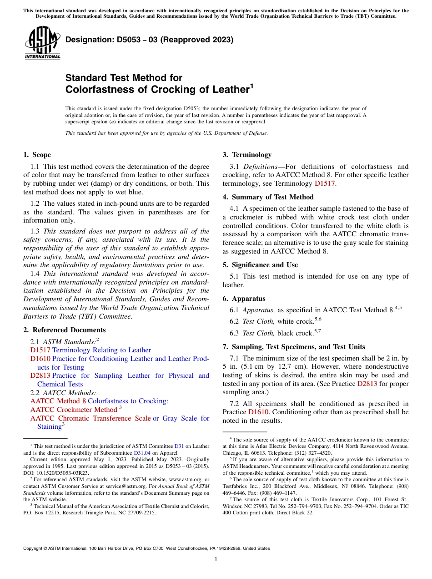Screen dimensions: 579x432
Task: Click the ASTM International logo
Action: [42, 43]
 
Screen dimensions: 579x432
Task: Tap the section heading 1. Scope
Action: [37, 155]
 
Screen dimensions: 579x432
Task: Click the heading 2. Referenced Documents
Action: [65, 330]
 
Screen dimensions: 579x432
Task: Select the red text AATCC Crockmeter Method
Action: [74, 410]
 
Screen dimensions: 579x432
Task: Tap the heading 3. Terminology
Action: [247, 155]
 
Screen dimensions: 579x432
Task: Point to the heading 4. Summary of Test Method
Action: [268, 197]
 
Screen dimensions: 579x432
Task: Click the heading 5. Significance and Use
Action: [260, 265]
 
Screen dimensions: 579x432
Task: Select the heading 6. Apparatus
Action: [244, 299]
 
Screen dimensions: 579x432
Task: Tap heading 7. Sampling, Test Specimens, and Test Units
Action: [294, 347]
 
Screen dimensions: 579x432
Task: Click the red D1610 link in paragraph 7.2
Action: [257, 412]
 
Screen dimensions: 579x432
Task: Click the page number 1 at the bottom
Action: [216, 559]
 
